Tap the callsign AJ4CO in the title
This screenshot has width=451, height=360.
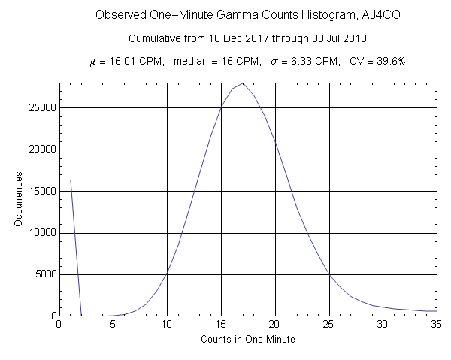click(334, 15)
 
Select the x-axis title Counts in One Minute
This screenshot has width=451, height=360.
click(247, 340)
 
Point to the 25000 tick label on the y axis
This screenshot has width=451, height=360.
click(41, 107)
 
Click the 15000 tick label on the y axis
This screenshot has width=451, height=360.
click(41, 191)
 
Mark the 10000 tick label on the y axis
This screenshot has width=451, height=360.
click(41, 233)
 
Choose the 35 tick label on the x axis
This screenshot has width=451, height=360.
click(437, 325)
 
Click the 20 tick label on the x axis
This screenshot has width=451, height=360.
click(275, 325)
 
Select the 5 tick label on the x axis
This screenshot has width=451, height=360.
click(113, 325)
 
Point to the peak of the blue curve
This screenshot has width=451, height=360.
click(243, 83)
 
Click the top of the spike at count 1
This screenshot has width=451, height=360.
click(70, 180)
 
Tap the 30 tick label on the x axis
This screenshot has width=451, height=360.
click(383, 325)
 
